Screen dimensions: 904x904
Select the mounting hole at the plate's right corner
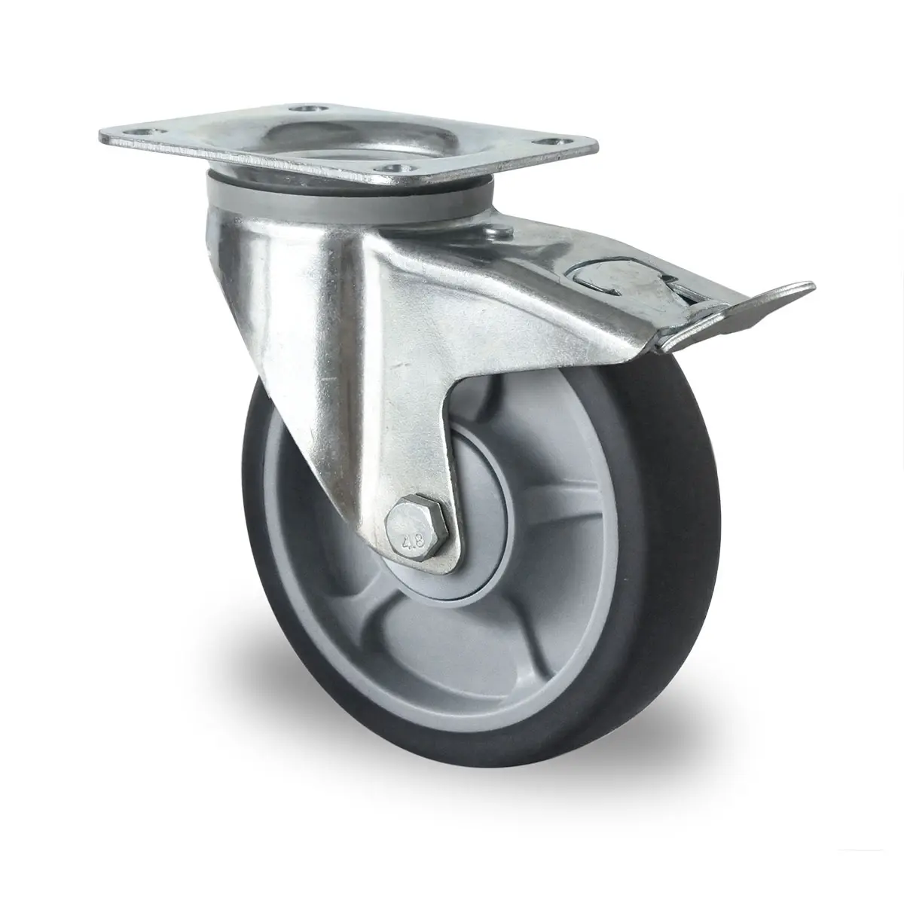[x=553, y=141]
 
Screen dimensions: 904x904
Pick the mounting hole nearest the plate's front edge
[x=394, y=169]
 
